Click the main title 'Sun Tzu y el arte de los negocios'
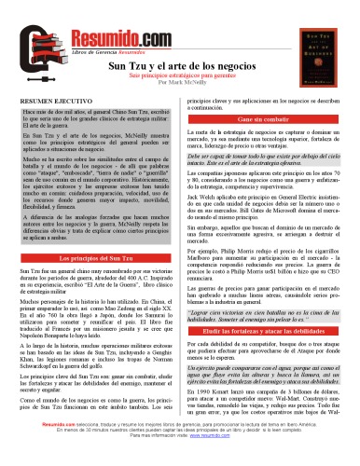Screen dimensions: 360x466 [179, 67]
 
